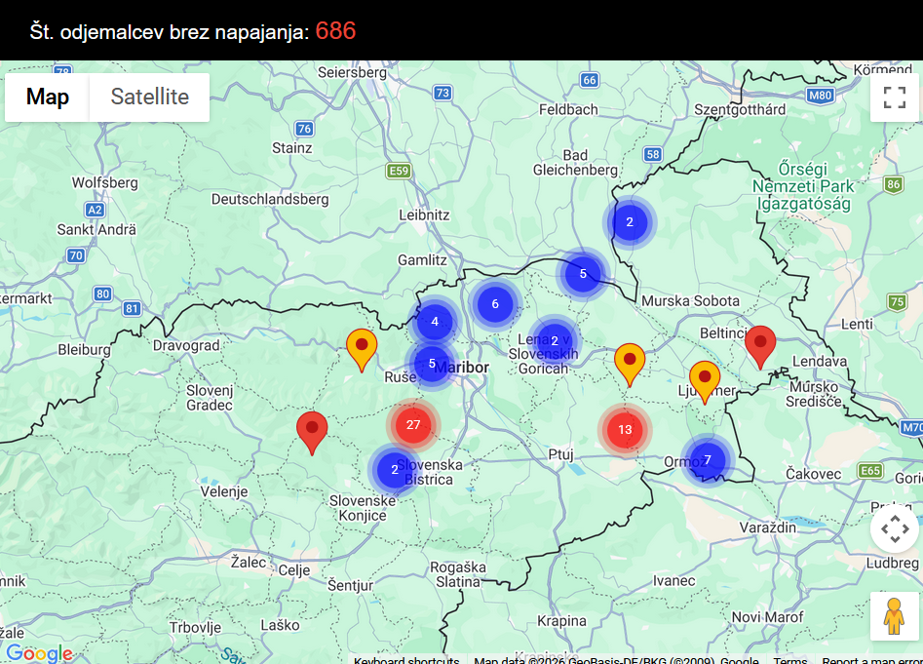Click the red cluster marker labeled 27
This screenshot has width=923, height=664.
pos(413,424)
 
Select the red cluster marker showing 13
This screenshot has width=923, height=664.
pos(625,429)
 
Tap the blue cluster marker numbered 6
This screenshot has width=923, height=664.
pos(495,304)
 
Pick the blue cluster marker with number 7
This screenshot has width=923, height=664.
pos(708,460)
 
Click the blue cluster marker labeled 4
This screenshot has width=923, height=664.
pos(435,322)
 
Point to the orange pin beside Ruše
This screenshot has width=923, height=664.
pos(362,349)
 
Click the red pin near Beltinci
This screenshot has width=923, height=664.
pos(760,345)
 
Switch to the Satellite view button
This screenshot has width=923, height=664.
pos(149,97)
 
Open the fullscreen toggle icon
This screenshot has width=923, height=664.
pos(894,98)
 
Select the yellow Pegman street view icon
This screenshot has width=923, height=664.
pos(894,616)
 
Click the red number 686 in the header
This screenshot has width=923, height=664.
pos(335,31)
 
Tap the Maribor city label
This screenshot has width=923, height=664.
pos(461,368)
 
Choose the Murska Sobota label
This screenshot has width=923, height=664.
pos(690,300)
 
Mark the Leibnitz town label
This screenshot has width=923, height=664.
pos(424,215)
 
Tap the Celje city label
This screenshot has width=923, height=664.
pos(294,570)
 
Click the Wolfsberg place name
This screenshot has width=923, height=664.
pos(105,182)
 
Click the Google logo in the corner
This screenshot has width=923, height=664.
pos(39,652)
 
